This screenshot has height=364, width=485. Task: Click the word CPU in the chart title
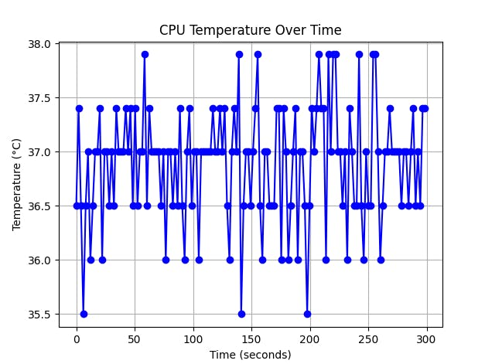pos(172,31)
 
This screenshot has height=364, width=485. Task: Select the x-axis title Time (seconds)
pos(250,355)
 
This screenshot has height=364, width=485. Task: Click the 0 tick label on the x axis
pos(77,339)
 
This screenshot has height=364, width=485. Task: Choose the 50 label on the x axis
pos(135,339)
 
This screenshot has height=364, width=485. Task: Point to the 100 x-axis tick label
pos(193,339)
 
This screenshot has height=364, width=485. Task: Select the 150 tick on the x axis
pos(251,339)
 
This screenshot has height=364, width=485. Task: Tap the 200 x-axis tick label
pos(309,339)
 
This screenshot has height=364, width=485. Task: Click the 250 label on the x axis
pos(368,339)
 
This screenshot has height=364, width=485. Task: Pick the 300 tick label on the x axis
pos(426,339)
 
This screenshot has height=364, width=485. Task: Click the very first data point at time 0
pos(77,206)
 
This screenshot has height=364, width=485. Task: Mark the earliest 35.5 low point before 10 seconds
pos(84,314)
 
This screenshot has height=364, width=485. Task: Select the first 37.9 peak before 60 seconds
pos(145,54)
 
